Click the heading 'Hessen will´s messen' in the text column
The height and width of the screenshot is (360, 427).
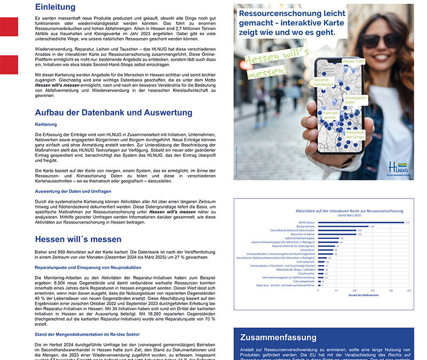[79, 239]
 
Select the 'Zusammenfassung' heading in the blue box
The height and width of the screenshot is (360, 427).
[278, 337]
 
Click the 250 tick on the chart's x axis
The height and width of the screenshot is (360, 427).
[409, 291]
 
